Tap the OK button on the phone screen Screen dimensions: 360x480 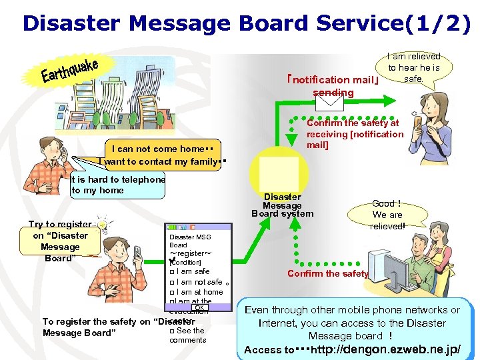pyautogui.click(x=199, y=307)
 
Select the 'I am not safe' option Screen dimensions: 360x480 pyautogui.click(x=199, y=282)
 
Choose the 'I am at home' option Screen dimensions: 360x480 pyautogui.click(x=199, y=292)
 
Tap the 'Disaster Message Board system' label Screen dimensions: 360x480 pyautogui.click(x=282, y=205)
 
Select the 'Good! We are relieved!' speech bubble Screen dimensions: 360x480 pyautogui.click(x=387, y=215)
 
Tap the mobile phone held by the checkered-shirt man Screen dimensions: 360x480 pyautogui.click(x=137, y=251)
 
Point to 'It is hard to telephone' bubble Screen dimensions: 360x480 pyautogui.click(x=117, y=185)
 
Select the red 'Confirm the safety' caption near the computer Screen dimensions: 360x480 pyautogui.click(x=327, y=274)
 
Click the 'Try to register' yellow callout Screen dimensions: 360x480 pyautogui.click(x=59, y=241)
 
